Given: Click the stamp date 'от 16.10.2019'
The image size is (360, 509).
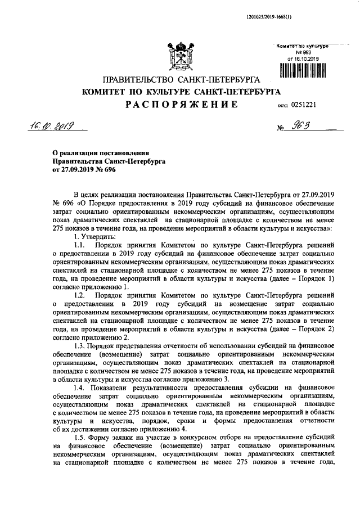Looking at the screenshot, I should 303,58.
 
